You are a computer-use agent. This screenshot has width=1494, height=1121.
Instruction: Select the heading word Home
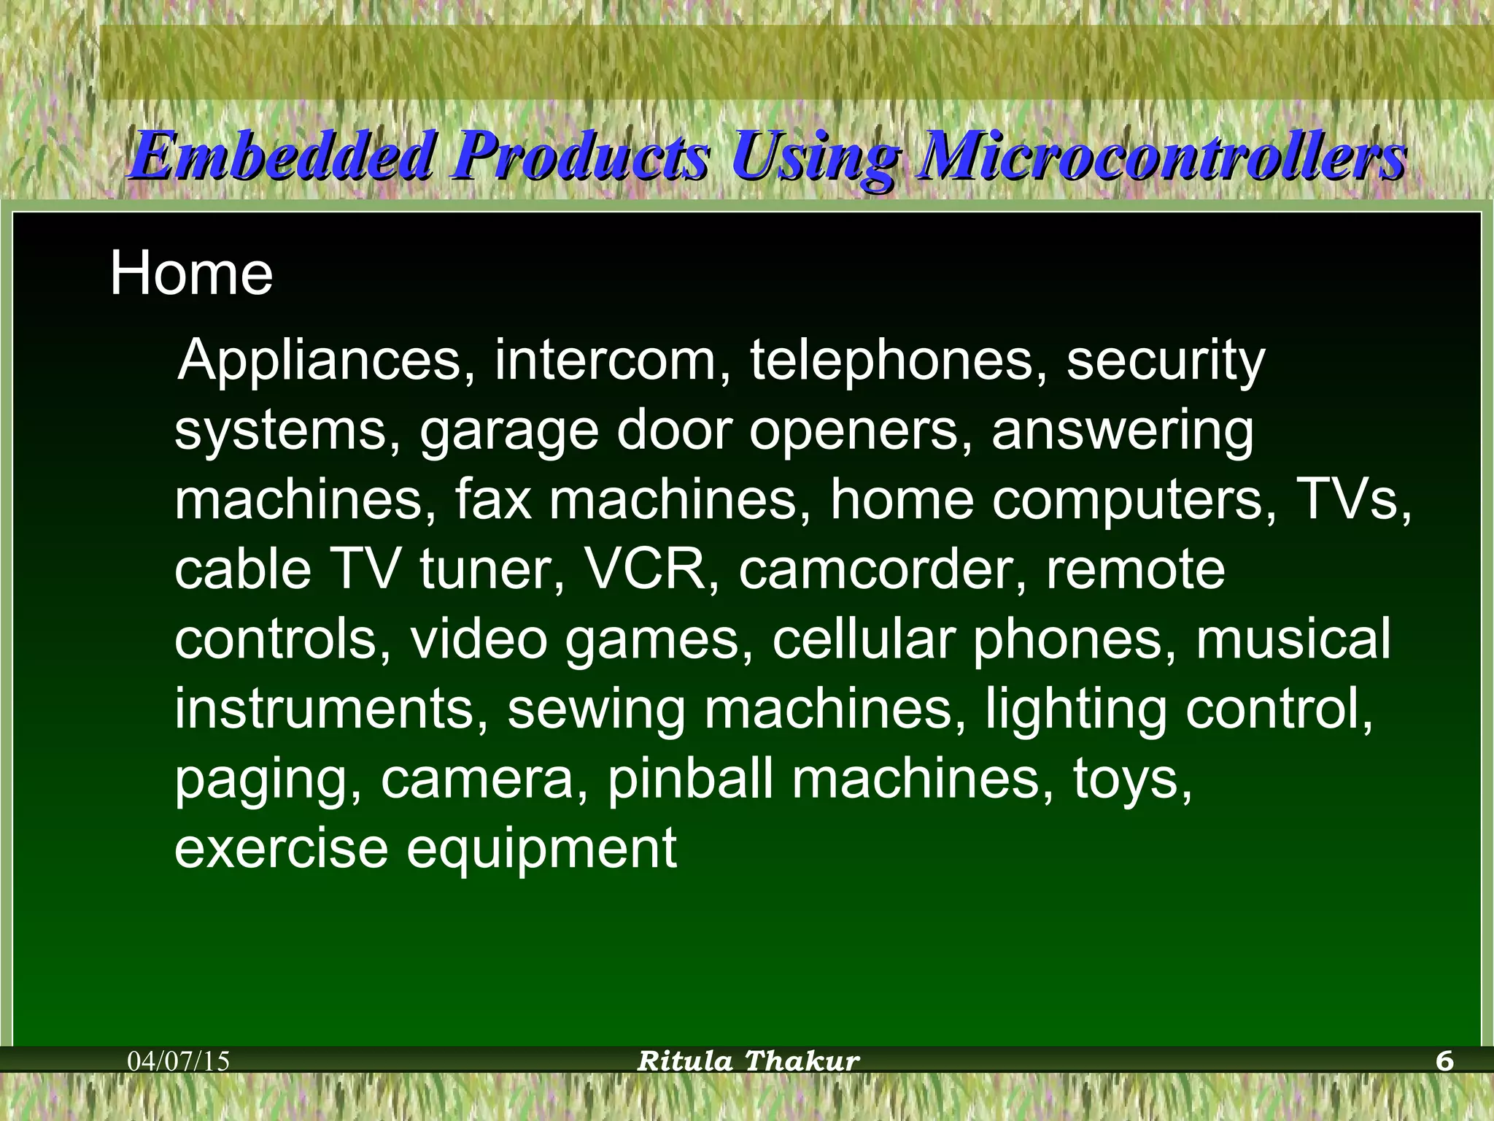(191, 274)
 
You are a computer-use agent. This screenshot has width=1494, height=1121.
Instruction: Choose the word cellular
(864, 639)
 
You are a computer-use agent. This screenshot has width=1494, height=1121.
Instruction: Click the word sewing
(596, 709)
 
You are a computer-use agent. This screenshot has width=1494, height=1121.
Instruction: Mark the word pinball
(690, 779)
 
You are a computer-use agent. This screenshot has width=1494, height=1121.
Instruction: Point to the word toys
(1131, 780)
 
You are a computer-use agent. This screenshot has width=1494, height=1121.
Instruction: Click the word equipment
(541, 850)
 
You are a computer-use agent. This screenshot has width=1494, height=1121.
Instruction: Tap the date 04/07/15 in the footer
(179, 1061)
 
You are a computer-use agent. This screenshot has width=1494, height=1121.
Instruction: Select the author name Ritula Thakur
(748, 1061)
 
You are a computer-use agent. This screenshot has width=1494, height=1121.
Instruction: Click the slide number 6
(1444, 1061)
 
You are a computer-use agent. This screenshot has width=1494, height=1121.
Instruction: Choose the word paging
(267, 780)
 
